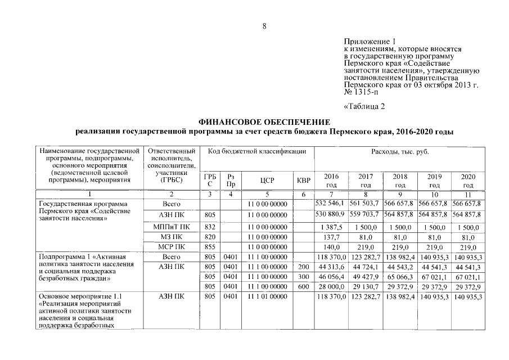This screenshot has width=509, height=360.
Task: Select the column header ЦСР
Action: click(267, 180)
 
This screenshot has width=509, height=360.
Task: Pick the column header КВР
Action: click(303, 180)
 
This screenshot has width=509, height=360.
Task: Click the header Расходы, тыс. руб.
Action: click(399, 152)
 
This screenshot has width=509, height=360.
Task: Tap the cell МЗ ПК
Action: click(171, 237)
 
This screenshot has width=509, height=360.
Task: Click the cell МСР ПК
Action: click(171, 247)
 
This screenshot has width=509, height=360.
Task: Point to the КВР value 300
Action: click(303, 276)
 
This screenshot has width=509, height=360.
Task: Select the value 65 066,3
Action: click(400, 276)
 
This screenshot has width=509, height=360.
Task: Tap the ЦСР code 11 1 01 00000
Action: click(267, 296)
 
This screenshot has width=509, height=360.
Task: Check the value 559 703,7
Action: click(364, 214)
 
